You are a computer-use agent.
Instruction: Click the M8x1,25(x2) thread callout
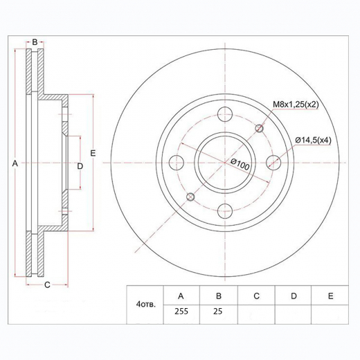point(296,105)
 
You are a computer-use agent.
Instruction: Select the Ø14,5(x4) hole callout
point(313,140)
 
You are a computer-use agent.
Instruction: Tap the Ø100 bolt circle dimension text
point(240,164)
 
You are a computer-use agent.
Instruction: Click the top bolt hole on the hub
point(225,114)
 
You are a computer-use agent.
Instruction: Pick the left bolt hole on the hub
point(177,163)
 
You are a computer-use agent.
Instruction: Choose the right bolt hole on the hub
point(273,163)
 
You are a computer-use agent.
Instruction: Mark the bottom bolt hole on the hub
point(225,211)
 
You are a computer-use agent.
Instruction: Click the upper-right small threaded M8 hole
point(260,128)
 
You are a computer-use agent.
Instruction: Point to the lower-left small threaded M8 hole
point(190,197)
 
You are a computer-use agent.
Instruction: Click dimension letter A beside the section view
point(15,163)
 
